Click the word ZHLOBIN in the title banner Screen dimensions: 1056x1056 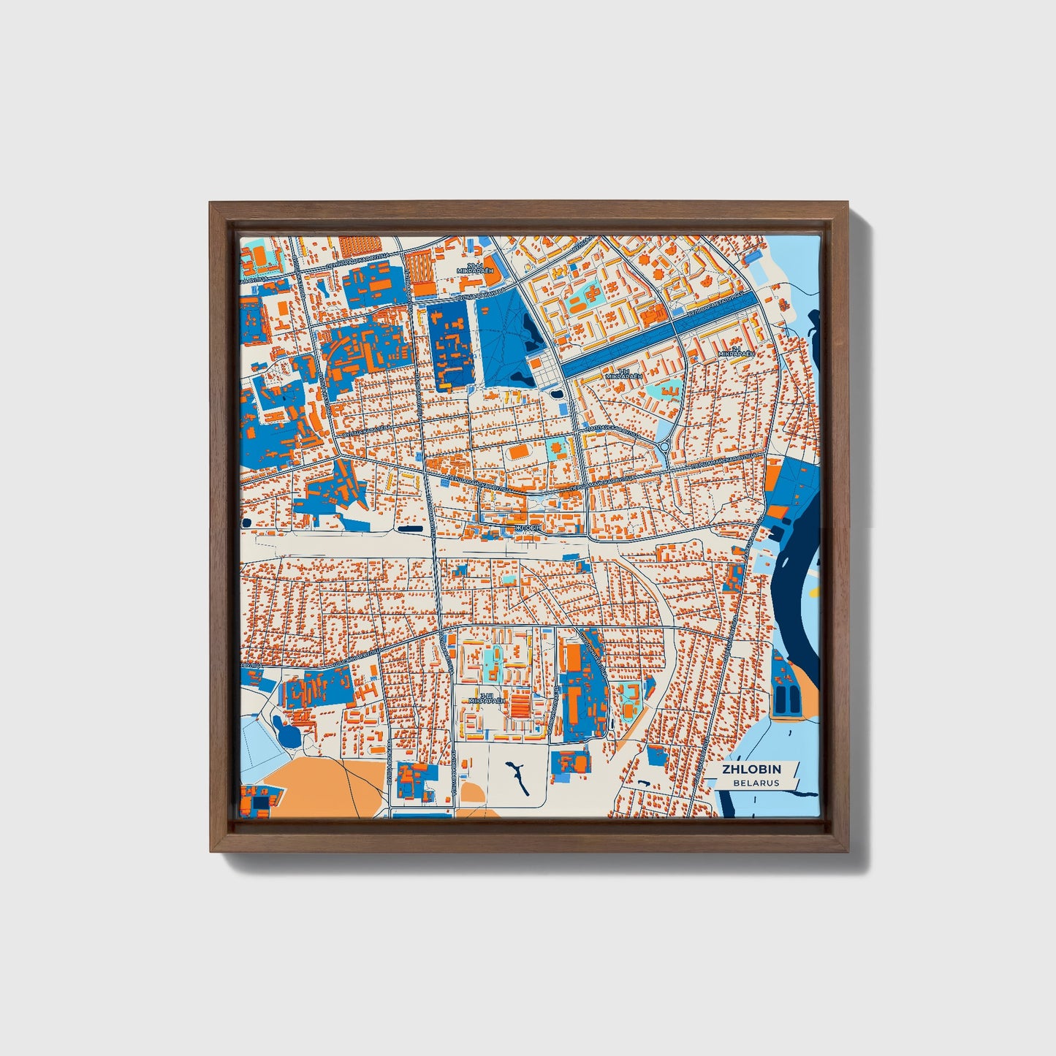tap(751, 769)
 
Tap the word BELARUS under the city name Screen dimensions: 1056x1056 tap(756, 783)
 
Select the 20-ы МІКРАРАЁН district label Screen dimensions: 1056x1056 tap(475, 267)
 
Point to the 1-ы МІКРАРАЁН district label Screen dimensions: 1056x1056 tap(623, 373)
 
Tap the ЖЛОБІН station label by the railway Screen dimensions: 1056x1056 tap(528, 528)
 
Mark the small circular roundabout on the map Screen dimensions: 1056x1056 tap(664, 447)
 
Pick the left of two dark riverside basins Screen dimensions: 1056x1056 tap(781, 699)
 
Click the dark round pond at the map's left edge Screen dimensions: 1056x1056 tap(246, 523)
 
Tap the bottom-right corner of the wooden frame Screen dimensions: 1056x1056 tap(848, 851)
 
